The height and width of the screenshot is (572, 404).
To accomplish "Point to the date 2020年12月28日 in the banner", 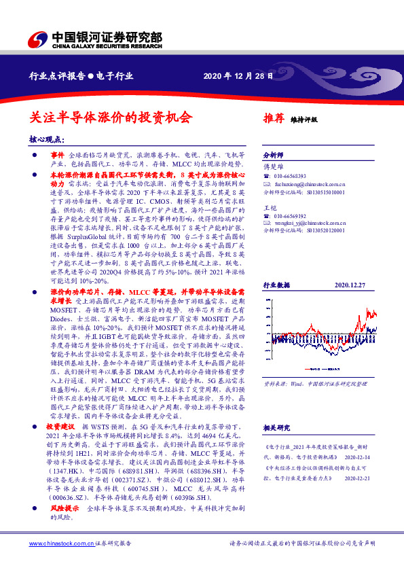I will click(238, 76).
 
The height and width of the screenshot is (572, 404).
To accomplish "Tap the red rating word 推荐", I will click(273, 118).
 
